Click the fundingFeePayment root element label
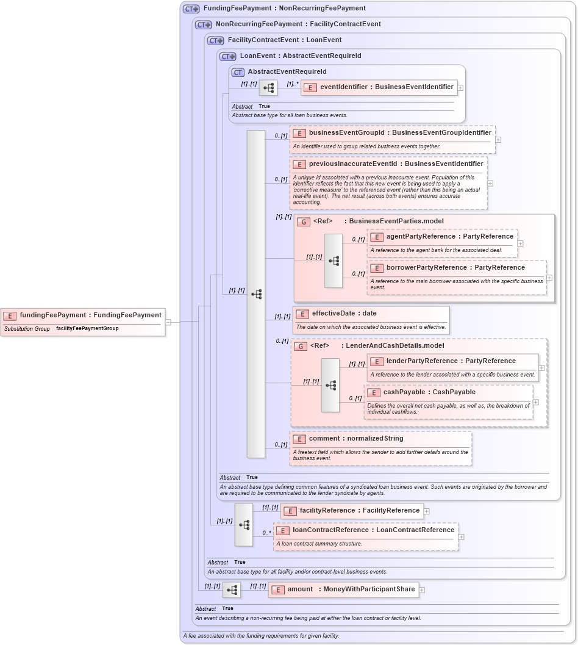[90, 315]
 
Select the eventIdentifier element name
[387, 87]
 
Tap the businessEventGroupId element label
[399, 133]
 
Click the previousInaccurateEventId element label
[396, 164]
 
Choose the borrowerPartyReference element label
[455, 268]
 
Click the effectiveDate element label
[344, 314]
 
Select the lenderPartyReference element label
[451, 361]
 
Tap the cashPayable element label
[429, 392]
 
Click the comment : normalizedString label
[355, 439]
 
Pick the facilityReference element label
[359, 511]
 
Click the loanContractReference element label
[373, 530]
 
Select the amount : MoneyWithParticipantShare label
[351, 589]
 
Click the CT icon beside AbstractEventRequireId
[238, 73]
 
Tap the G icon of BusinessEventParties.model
[304, 222]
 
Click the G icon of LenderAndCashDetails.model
[301, 347]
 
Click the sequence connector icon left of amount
[232, 590]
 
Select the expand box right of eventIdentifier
[460, 88]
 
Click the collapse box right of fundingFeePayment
[168, 322]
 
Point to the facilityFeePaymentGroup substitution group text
[87, 329]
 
